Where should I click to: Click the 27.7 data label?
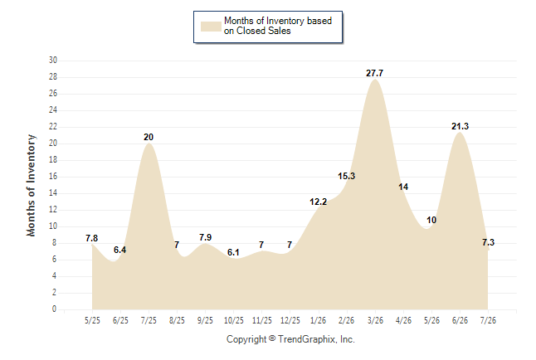click(375, 73)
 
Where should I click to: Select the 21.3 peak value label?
click(460, 126)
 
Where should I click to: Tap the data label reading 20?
click(149, 137)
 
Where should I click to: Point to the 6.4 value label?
click(120, 250)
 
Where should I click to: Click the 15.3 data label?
click(347, 176)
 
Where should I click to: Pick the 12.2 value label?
click(319, 202)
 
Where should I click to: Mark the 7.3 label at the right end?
click(488, 242)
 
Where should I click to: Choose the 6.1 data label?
click(233, 252)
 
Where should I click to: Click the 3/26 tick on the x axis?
click(375, 320)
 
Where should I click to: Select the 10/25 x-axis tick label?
click(234, 320)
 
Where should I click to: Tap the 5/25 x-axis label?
click(92, 320)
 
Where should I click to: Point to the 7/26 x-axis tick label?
click(488, 320)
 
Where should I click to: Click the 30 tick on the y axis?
click(53, 61)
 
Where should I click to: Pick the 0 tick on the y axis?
click(55, 309)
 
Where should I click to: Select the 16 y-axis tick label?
click(53, 177)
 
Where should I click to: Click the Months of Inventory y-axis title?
click(31, 185)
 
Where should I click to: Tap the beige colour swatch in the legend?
click(211, 27)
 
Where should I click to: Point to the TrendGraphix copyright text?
click(290, 339)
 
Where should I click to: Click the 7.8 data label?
click(91, 238)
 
